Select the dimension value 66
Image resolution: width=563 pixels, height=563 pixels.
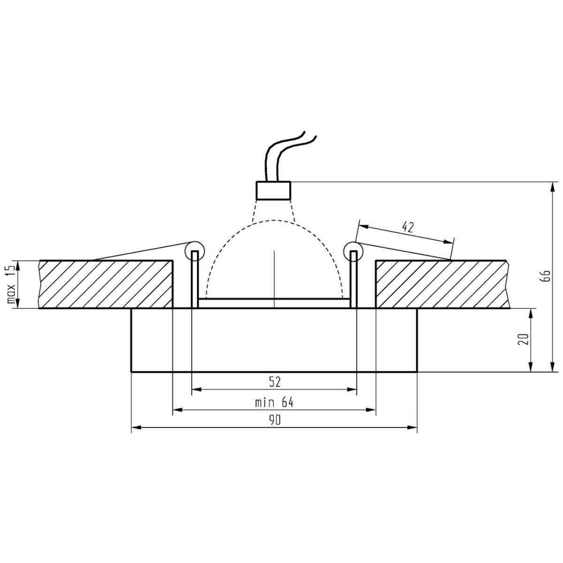545,276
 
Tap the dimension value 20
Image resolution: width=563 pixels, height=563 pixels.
525,339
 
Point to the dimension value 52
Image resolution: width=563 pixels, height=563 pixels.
274,382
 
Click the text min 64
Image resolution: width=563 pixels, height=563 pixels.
274,403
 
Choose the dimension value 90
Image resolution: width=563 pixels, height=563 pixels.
274,420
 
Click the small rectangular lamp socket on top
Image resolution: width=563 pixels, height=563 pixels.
273,190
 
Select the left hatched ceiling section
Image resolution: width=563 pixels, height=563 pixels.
106,284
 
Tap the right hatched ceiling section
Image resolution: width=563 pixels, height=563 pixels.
441,284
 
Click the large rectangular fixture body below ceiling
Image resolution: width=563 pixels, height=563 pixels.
274,340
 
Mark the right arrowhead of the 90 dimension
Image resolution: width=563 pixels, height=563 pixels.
413,427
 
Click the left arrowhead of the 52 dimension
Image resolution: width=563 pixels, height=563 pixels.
197,389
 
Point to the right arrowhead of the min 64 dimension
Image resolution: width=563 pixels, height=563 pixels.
372,410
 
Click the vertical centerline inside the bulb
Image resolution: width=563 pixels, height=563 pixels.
274,277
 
